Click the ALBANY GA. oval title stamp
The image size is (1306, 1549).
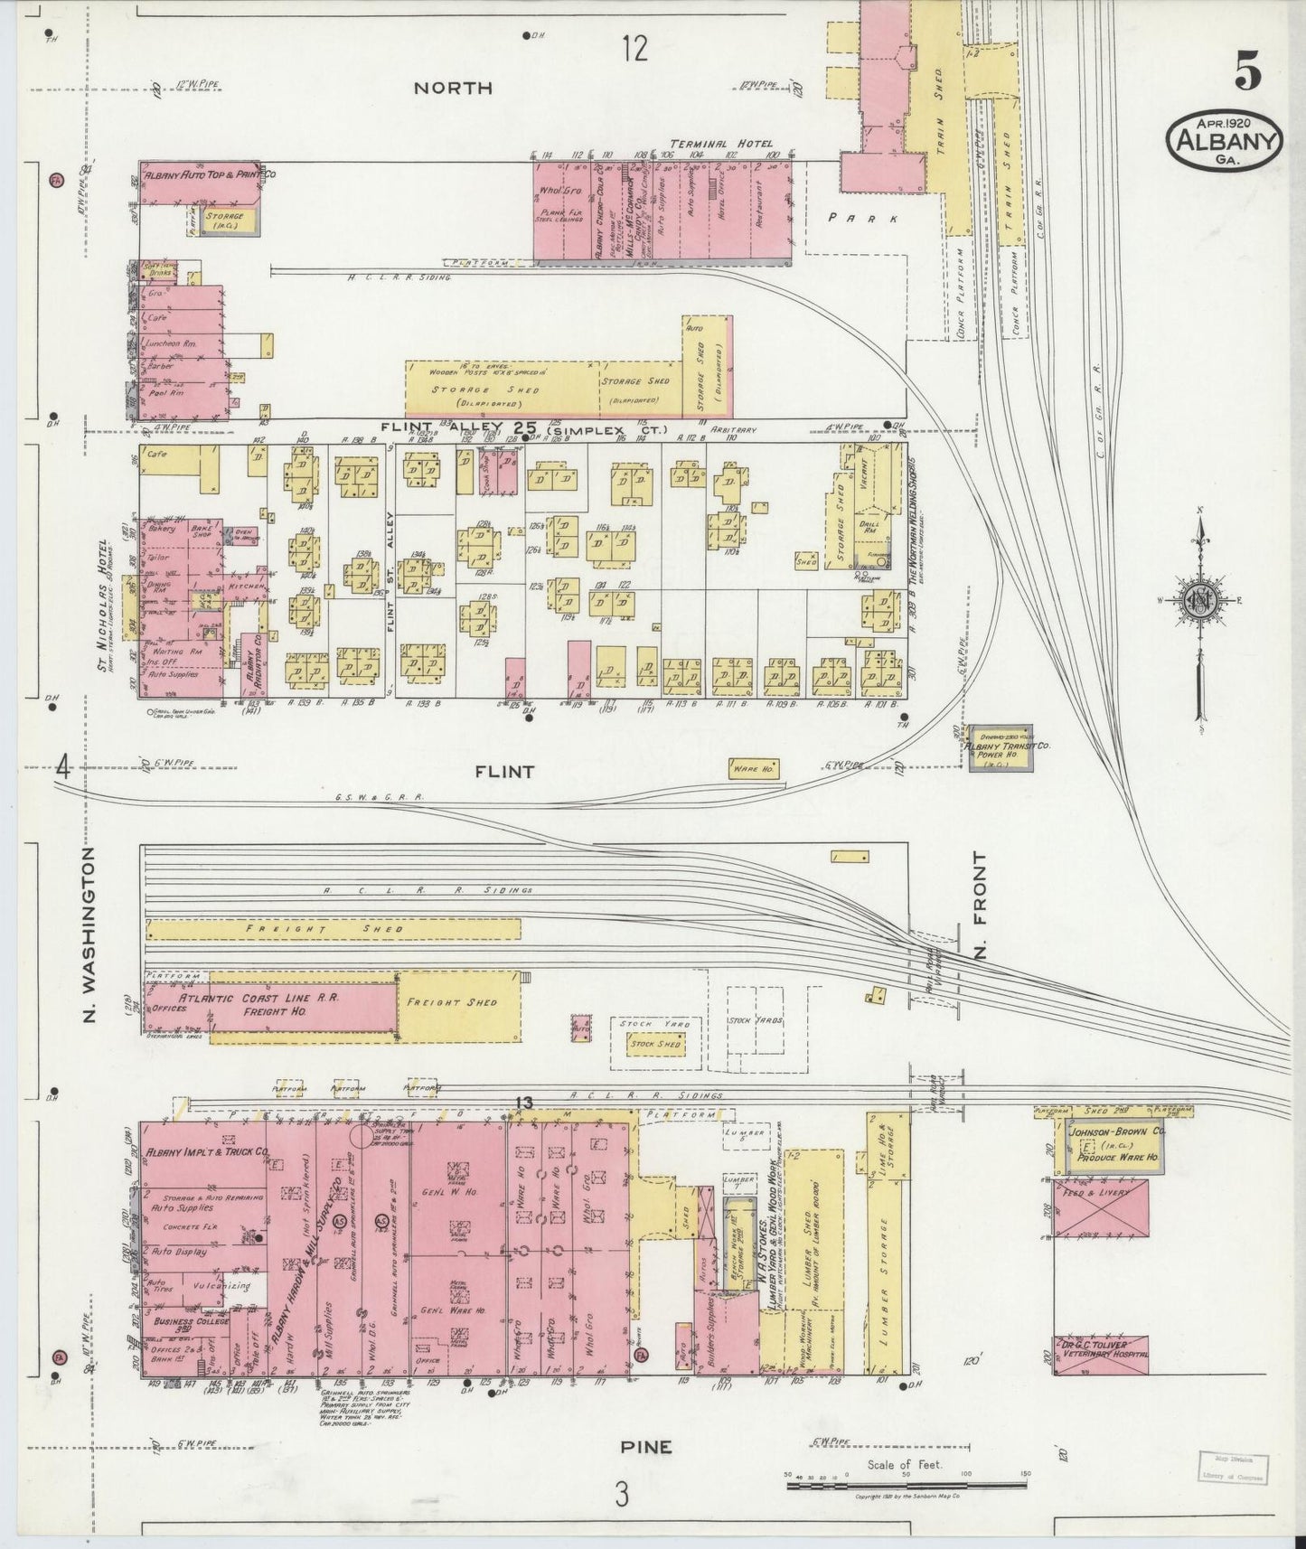point(1226,142)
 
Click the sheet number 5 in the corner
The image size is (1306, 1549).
point(1247,72)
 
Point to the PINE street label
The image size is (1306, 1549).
point(646,1447)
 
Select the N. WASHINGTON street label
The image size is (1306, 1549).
point(90,935)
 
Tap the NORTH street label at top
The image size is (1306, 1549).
point(453,88)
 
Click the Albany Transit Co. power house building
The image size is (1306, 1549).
point(1001,747)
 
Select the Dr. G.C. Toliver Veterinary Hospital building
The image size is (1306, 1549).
point(1100,1355)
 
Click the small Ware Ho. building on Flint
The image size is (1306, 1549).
point(754,769)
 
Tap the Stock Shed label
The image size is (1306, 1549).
point(655,1044)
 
